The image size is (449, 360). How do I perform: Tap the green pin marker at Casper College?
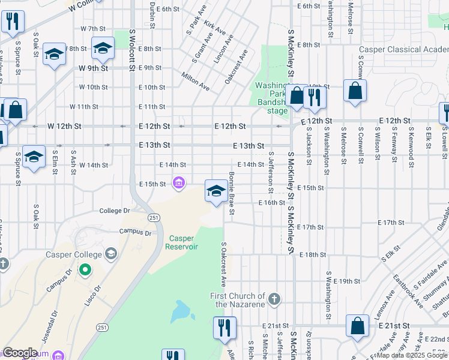(x=85, y=270)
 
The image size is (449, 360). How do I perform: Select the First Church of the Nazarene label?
(x=238, y=300)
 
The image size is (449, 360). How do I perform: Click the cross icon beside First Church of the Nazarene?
(x=274, y=299)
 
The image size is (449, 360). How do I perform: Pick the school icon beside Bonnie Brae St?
(x=216, y=191)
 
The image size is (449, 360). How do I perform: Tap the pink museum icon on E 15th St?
(x=178, y=183)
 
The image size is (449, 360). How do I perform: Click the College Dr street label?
(x=115, y=211)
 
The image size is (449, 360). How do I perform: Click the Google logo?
(x=20, y=353)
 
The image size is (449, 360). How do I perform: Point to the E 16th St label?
(x=271, y=203)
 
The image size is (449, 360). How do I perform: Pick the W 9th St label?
(x=93, y=68)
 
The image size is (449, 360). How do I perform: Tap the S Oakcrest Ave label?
(x=223, y=264)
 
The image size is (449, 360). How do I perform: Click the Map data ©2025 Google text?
(x=412, y=355)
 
